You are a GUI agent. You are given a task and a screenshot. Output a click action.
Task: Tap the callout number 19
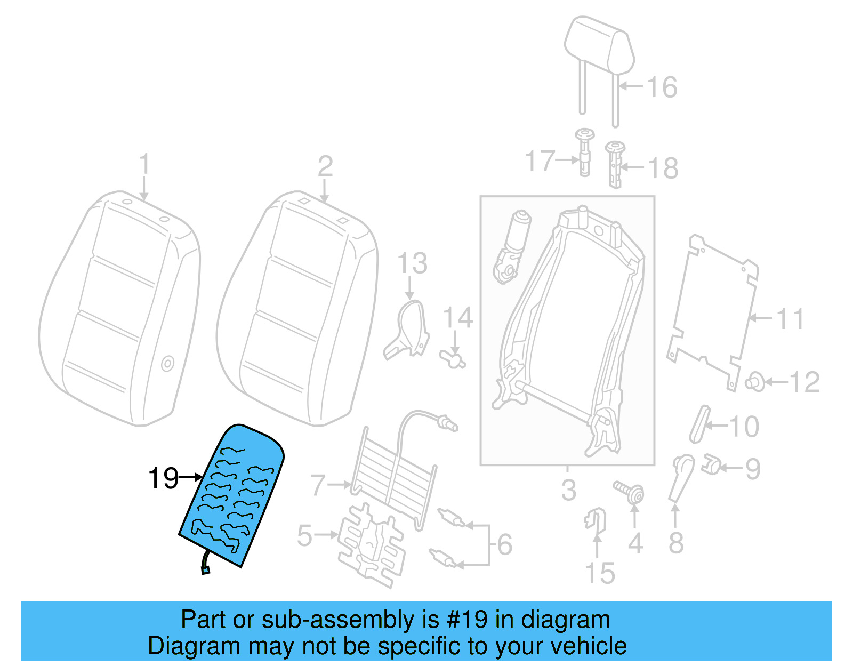click(x=163, y=478)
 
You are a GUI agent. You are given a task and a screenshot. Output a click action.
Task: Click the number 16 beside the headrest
click(x=662, y=87)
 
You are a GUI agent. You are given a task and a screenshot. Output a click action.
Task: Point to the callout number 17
click(x=540, y=161)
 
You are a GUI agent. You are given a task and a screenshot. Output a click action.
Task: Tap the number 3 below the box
click(x=568, y=490)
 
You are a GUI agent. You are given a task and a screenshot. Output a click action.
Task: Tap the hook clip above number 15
click(x=596, y=520)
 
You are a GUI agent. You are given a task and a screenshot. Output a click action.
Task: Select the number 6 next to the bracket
click(x=504, y=544)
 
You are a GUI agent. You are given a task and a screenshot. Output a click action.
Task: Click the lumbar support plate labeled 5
click(x=371, y=547)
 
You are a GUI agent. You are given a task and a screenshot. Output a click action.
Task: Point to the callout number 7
click(x=318, y=485)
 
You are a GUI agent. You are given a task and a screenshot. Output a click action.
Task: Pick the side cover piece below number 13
click(x=407, y=331)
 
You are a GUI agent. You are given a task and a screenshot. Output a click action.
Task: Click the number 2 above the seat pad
click(x=325, y=167)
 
